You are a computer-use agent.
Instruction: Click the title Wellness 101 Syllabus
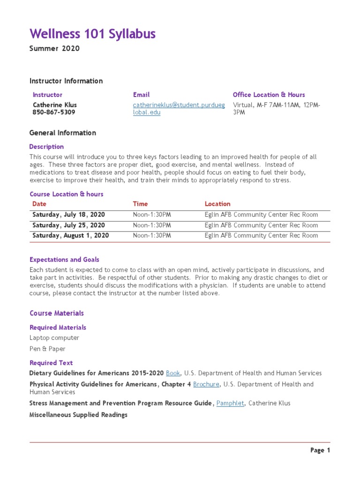point(92,34)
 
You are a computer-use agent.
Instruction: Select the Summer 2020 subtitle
point(54,49)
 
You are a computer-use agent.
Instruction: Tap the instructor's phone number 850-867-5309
point(53,112)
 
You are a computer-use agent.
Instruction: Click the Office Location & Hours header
point(269,95)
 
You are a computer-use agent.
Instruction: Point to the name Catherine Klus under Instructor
point(54,105)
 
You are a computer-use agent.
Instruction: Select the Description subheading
point(46,147)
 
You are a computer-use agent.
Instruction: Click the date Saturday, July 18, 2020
point(68,215)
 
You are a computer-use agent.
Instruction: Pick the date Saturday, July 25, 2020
point(68,225)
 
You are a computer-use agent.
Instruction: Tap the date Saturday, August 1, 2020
point(70,236)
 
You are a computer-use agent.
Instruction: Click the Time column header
point(140,204)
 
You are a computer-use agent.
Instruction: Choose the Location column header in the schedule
point(217,204)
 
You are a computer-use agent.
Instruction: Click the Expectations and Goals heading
point(64,260)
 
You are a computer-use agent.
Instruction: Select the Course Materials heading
point(57,313)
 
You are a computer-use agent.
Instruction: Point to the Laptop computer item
point(54,338)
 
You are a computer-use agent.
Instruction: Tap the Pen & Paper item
point(47,349)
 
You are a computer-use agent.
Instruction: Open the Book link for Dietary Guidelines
point(173,373)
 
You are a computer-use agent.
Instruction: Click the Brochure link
point(206,384)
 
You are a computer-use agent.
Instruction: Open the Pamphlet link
point(230,403)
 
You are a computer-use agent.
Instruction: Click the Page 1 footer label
point(320,450)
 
